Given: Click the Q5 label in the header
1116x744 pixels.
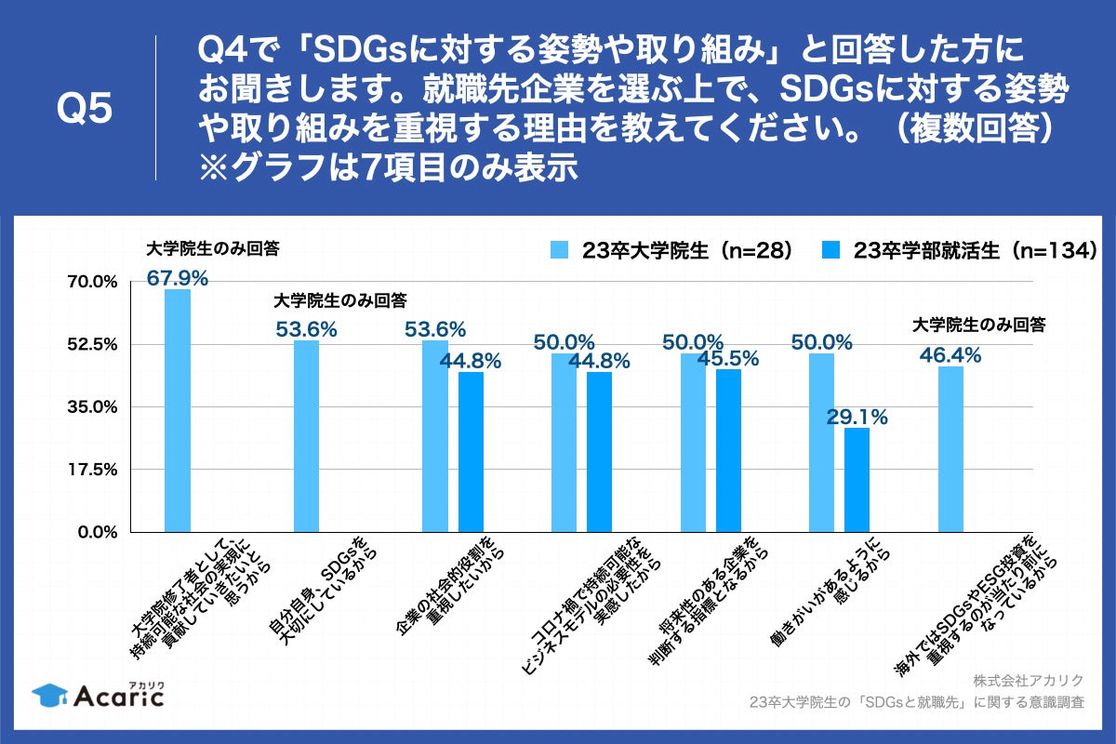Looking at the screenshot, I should click(x=85, y=109).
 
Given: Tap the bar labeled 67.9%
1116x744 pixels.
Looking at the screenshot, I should click(x=178, y=410).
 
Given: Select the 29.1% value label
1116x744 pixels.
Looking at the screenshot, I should click(x=857, y=418).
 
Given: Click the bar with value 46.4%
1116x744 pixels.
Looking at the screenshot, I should click(x=950, y=449).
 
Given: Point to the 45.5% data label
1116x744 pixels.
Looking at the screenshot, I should click(x=728, y=358).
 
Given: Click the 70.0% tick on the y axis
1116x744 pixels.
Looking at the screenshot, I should click(x=91, y=281).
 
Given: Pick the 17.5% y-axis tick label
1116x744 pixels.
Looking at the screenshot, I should click(x=91, y=470).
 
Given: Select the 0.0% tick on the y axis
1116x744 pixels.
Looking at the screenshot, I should click(x=95, y=532).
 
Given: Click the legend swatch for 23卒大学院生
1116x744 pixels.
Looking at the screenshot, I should click(x=560, y=250).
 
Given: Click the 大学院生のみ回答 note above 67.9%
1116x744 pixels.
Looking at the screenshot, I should click(x=213, y=248).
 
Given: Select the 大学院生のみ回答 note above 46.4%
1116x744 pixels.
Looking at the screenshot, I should click(x=979, y=325).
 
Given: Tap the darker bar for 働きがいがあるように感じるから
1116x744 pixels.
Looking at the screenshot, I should click(x=857, y=480).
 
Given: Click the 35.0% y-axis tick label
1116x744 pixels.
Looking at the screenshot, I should click(x=91, y=406).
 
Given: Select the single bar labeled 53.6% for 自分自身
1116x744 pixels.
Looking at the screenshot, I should click(x=306, y=436).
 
